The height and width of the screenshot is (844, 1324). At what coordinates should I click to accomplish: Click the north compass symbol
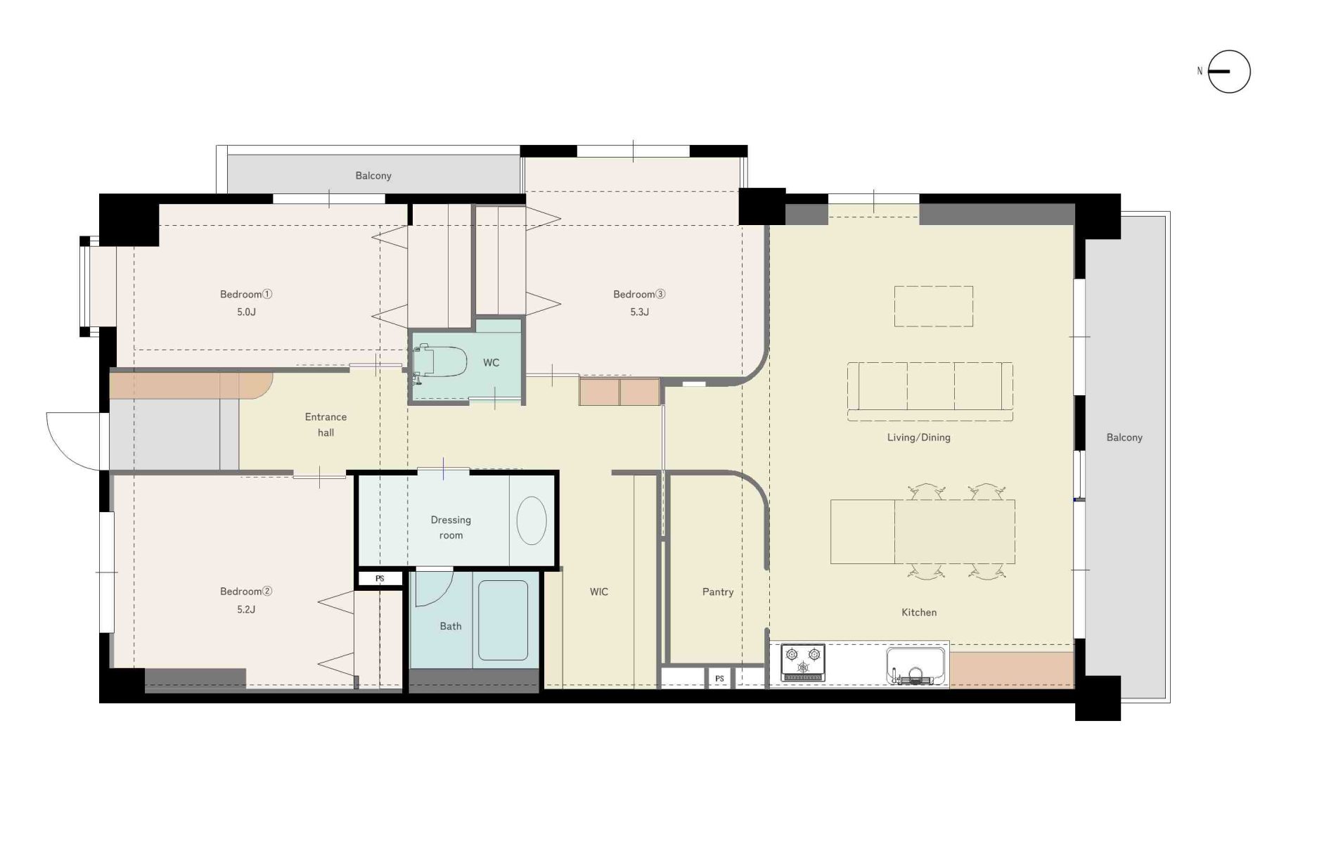pyautogui.click(x=1229, y=72)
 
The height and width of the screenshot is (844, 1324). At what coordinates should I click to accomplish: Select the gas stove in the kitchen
pyautogui.click(x=803, y=663)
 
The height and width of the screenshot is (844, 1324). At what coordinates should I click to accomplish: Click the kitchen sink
pyautogui.click(x=915, y=665)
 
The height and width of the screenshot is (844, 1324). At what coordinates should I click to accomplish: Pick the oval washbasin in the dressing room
pyautogui.click(x=532, y=520)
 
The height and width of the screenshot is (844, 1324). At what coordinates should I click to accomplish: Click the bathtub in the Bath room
pyautogui.click(x=503, y=620)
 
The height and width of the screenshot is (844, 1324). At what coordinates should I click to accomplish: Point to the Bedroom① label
pyautogui.click(x=246, y=294)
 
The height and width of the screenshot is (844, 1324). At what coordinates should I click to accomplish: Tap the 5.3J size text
pyautogui.click(x=639, y=312)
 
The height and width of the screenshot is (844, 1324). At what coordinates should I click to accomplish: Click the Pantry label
pyautogui.click(x=718, y=592)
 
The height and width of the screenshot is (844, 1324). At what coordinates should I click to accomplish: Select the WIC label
pyautogui.click(x=599, y=592)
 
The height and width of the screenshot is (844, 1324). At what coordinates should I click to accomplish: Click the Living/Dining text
pyautogui.click(x=918, y=437)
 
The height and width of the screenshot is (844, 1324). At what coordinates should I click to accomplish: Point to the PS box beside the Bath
pyautogui.click(x=380, y=579)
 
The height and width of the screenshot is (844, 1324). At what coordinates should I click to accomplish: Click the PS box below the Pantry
pyautogui.click(x=719, y=679)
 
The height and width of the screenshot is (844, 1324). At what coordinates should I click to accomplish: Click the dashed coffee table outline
pyautogui.click(x=934, y=306)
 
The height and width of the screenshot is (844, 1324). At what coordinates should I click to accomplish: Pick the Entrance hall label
pyautogui.click(x=326, y=425)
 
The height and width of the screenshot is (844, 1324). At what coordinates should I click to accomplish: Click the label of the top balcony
pyautogui.click(x=373, y=176)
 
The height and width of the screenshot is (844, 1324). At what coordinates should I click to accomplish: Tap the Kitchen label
pyautogui.click(x=919, y=613)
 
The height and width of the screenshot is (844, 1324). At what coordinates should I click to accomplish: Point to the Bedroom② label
pyautogui.click(x=246, y=592)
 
